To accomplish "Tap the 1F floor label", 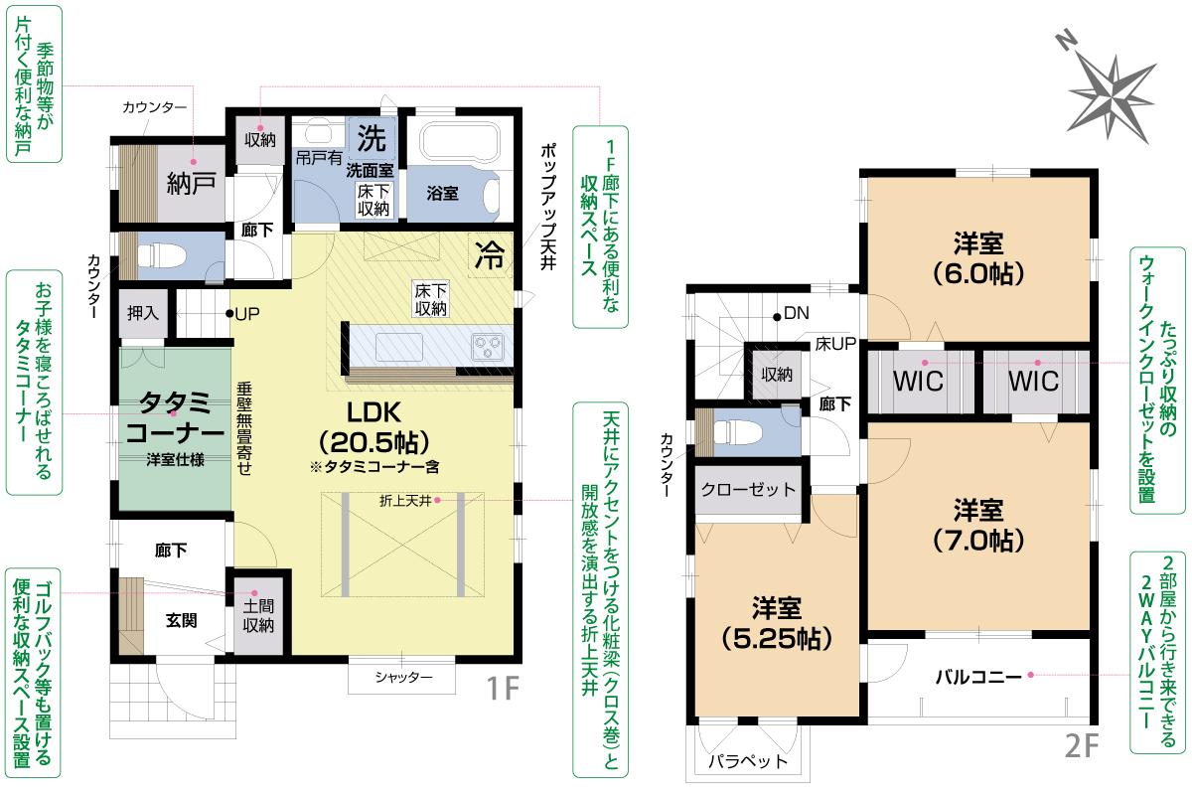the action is point(503,688).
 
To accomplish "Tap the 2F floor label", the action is point(1082,745).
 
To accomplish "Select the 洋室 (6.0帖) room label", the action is point(978,258).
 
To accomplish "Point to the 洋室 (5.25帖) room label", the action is point(777,623).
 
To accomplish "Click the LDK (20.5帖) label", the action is point(373,427).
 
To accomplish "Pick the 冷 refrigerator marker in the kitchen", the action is point(490,255).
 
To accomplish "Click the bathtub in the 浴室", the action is point(460,140).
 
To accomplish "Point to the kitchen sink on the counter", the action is point(399,347).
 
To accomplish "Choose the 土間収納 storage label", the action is point(258,615).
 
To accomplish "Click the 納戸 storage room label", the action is point(192,183).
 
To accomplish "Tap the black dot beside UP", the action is point(229,313).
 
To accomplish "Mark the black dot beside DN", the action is point(777,317).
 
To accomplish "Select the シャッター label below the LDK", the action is point(403,678).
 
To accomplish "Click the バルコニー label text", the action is point(978,677).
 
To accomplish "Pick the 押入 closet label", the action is point(143,313).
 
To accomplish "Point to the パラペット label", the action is point(748,761).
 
